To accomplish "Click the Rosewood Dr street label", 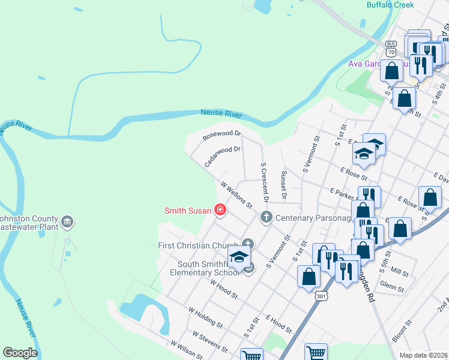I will [222, 136].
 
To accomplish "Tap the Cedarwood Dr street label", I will [223, 156].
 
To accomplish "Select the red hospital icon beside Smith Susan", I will [220, 210].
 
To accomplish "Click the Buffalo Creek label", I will [390, 5].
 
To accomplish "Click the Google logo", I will [20, 353].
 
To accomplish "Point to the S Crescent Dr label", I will [264, 181].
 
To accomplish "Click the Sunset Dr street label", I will [284, 184].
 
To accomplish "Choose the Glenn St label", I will [392, 287].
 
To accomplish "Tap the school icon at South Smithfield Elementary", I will [239, 258].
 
